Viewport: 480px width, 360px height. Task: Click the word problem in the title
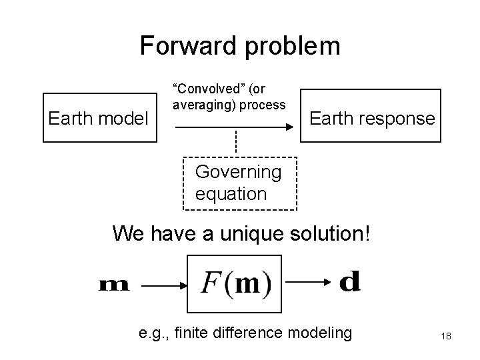(291, 46)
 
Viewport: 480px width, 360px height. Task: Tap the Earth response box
(371, 117)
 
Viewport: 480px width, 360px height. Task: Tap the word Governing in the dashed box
(238, 172)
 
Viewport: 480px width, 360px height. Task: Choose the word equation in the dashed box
(231, 194)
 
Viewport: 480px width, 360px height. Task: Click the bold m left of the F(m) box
(113, 285)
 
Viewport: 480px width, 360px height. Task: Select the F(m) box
(235, 283)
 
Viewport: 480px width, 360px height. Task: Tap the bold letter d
(350, 282)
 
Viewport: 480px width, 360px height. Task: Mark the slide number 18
(446, 336)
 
